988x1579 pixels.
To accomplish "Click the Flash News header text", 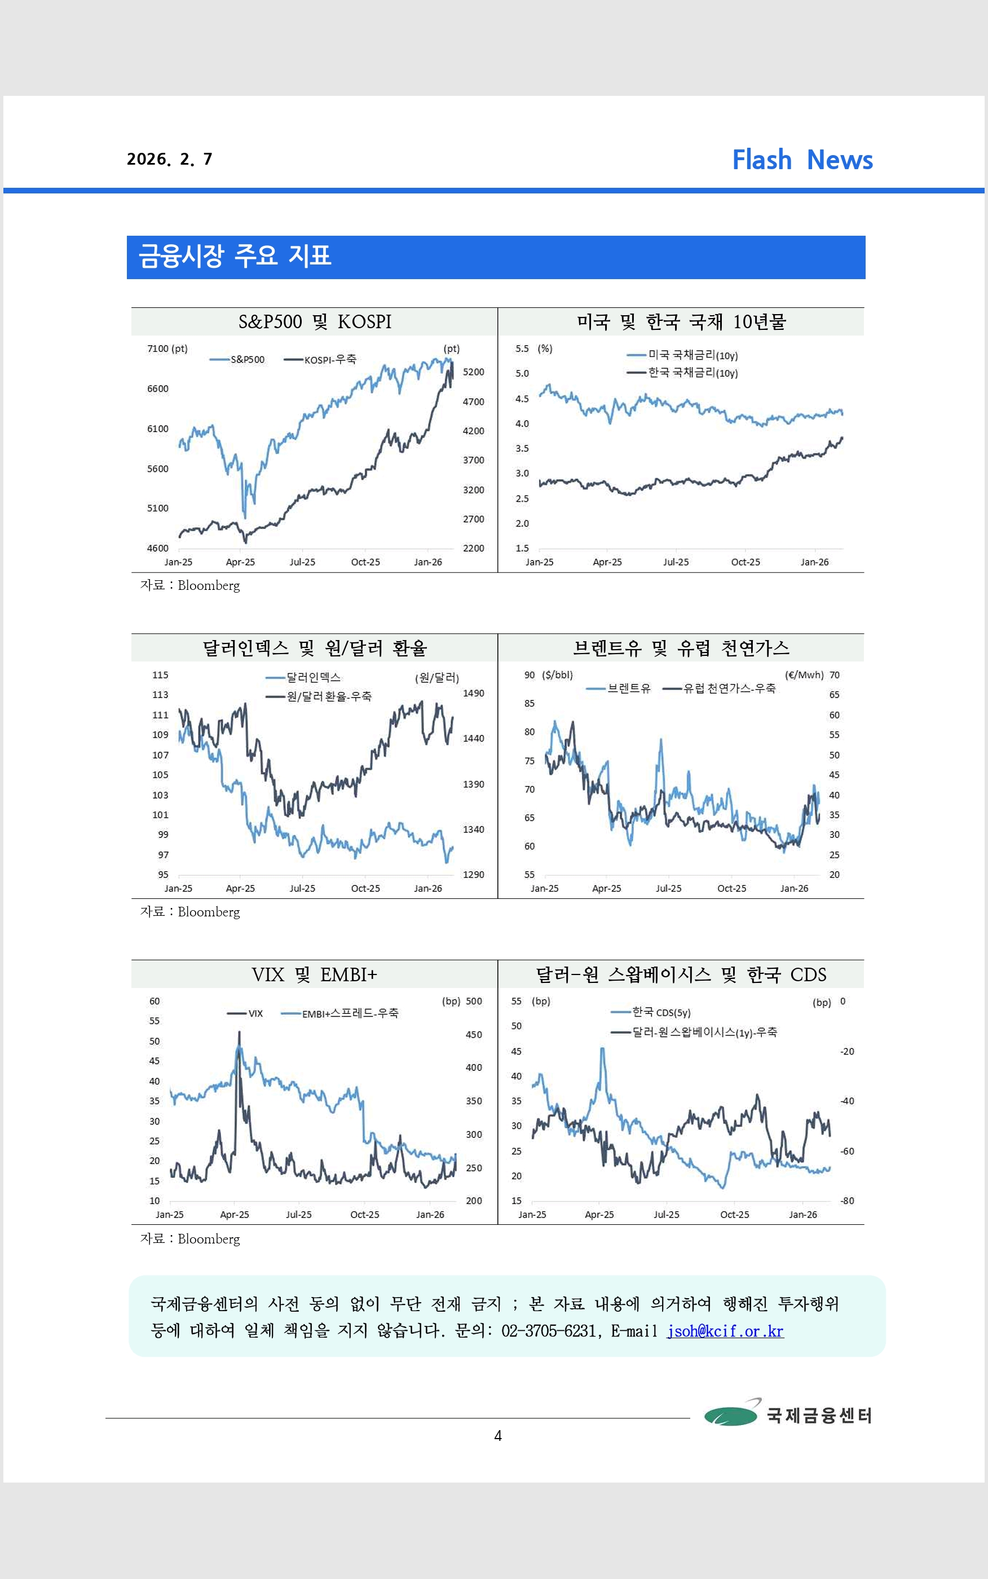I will [802, 160].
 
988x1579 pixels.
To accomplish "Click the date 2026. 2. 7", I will [169, 160].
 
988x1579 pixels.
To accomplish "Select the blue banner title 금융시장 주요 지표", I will [235, 256].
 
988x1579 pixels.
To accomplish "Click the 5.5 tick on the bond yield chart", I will [522, 349].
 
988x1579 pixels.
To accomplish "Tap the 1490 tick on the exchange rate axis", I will [473, 693].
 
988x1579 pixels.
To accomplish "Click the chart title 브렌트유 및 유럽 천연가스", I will [681, 648].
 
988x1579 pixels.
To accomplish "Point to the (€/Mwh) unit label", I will [803, 675].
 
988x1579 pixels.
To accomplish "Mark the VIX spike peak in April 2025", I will [239, 1033].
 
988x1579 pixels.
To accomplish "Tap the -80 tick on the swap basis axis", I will [847, 1201].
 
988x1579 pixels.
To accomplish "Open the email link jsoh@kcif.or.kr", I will [725, 1331].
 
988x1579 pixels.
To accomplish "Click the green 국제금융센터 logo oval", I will [730, 1415].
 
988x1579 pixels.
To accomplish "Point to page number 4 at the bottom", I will [498, 1435].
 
